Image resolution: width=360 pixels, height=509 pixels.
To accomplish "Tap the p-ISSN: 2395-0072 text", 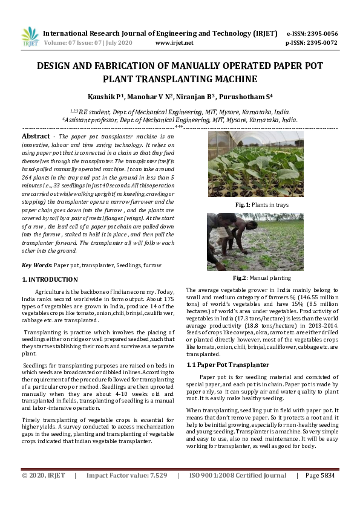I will [312, 43].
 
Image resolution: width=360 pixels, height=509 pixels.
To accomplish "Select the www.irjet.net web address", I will [174, 43].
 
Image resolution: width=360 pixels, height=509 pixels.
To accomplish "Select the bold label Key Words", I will [36, 265].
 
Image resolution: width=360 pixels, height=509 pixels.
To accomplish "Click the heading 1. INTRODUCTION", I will [50, 280].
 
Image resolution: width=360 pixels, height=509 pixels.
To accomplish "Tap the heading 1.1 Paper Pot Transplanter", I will [227, 365].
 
